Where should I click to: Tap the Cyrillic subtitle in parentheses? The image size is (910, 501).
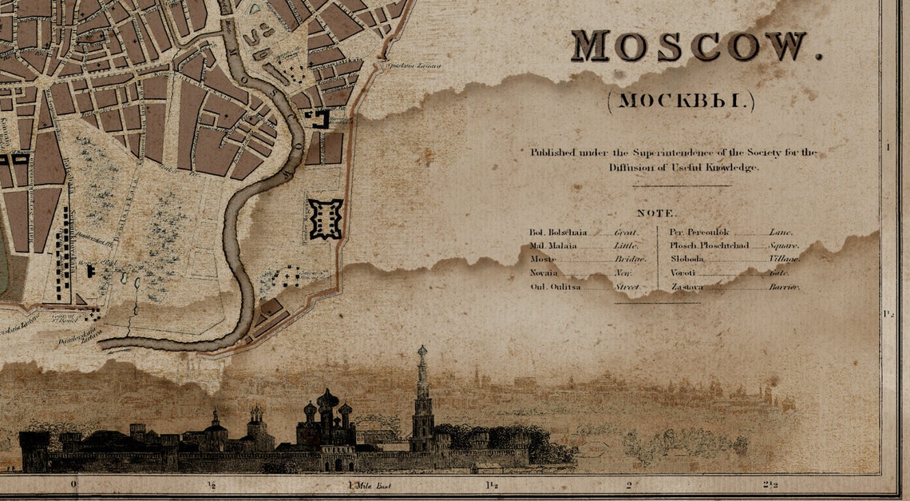[680, 101]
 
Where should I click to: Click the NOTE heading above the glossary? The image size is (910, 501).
[656, 213]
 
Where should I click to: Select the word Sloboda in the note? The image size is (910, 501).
[688, 259]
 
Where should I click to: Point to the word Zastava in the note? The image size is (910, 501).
[687, 286]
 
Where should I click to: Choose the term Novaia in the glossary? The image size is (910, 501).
[543, 272]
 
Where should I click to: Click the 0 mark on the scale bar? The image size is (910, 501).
[73, 484]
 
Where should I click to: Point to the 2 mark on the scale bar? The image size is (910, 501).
[629, 484]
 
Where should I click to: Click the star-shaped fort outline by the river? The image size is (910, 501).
[326, 219]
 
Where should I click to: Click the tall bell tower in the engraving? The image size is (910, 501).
[421, 400]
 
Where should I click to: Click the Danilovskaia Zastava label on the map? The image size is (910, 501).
[80, 338]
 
